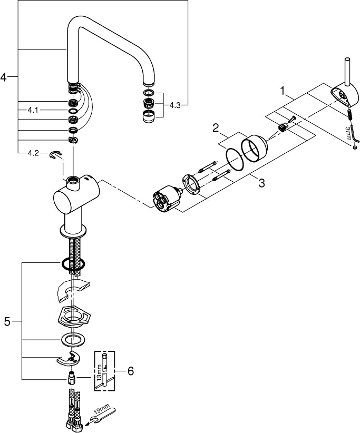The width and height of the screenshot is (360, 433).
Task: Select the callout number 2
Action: tap(216, 127)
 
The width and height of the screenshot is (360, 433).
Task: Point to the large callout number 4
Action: tap(5, 77)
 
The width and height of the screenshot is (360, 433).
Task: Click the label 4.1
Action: tap(33, 110)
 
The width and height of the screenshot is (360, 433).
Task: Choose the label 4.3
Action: tap(175, 105)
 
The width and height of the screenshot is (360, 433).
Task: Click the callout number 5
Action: tap(7, 321)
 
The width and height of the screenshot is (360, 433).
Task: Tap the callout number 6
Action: tap(130, 371)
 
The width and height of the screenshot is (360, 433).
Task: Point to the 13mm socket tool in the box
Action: tap(106, 371)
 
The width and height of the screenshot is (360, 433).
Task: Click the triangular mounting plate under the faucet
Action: tap(72, 316)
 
